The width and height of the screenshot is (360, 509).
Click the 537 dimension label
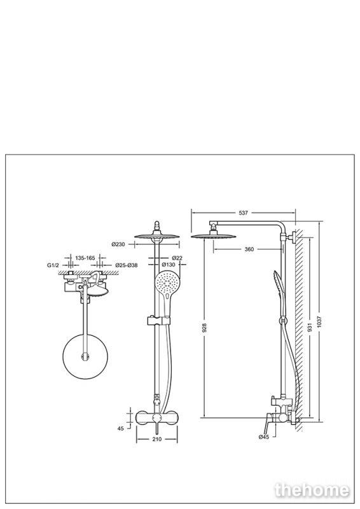tap(243, 213)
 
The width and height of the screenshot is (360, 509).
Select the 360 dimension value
tap(249, 249)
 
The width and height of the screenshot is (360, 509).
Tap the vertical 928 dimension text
tap(204, 328)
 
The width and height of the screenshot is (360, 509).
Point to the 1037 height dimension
tap(319, 322)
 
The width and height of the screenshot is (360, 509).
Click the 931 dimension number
tap(310, 327)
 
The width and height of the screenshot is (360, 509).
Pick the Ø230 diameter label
tap(118, 244)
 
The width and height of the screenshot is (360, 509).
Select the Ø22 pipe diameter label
tap(177, 258)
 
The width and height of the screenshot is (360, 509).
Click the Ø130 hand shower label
tap(169, 265)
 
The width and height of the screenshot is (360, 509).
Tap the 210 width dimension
tap(157, 440)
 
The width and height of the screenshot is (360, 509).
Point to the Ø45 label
tap(264, 437)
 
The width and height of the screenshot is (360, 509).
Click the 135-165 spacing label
tap(85, 258)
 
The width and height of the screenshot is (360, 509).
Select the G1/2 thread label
tap(53, 265)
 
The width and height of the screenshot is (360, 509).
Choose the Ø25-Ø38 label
tap(127, 265)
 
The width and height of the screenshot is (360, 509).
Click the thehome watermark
tap(312, 490)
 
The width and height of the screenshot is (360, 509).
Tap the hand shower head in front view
tap(166, 282)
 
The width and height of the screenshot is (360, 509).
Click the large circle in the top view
tap(85, 356)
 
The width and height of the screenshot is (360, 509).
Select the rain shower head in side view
tap(213, 235)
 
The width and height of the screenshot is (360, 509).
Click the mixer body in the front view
tap(157, 418)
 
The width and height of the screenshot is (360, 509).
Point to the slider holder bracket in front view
tap(159, 321)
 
